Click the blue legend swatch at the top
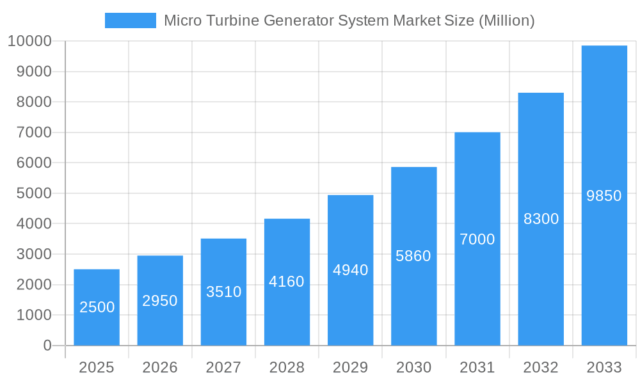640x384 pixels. click(130, 20)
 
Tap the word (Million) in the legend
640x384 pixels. click(506, 20)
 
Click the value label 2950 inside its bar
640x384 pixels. click(160, 301)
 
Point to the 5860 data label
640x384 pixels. click(413, 256)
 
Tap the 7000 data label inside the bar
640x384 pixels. click(477, 239)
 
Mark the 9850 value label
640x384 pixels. click(604, 196)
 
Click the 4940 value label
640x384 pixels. click(350, 270)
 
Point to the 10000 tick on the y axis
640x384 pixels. click(29, 42)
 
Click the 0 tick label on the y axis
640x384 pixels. click(47, 346)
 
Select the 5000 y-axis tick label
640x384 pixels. click(29, 193)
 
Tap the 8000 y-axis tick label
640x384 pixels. click(29, 102)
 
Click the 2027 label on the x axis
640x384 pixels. click(223, 367)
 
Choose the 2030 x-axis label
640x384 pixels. click(413, 367)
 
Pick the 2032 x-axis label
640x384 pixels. click(541, 367)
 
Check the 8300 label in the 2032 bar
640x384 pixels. click(541, 219)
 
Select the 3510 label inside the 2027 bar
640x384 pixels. click(223, 292)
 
